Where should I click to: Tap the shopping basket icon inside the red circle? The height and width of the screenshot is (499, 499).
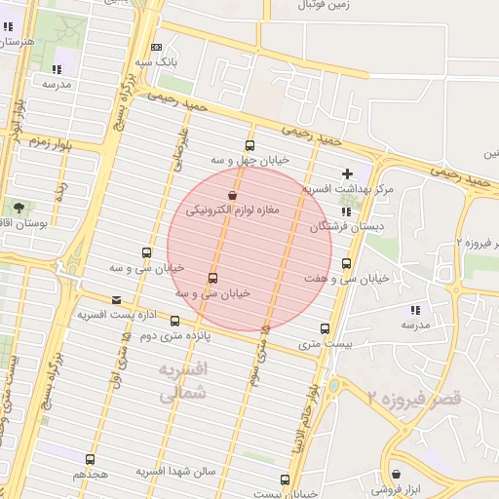231,196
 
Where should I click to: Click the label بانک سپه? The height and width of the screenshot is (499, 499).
157,61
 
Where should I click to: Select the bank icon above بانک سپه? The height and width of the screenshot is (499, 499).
157,48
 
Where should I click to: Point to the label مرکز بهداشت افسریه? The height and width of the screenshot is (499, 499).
348,187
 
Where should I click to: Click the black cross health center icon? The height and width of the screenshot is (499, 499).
347,173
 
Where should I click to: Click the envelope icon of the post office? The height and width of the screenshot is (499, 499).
117,300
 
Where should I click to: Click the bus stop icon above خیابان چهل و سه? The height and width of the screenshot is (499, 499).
249,145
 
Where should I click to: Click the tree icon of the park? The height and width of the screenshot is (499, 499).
19,208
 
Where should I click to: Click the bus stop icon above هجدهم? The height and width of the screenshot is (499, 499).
90,459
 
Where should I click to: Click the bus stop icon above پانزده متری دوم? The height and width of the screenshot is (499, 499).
174,321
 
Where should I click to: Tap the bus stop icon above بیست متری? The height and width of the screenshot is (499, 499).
325,329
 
